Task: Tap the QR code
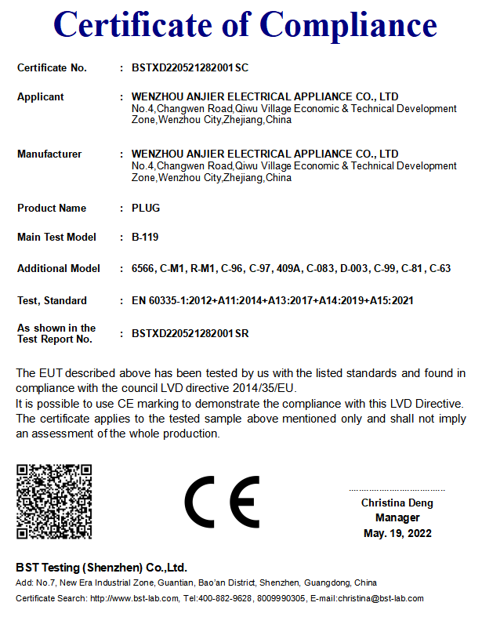54,501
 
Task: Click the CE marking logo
222,502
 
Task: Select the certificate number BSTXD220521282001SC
190,67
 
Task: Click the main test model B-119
145,237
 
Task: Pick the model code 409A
288,268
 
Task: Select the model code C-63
440,268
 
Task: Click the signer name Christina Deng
397,503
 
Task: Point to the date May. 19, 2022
397,533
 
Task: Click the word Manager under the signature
397,517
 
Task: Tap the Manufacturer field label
49,154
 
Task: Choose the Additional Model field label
59,268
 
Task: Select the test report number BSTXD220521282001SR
190,333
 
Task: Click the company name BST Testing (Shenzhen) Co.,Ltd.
101,567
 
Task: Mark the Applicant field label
41,96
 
